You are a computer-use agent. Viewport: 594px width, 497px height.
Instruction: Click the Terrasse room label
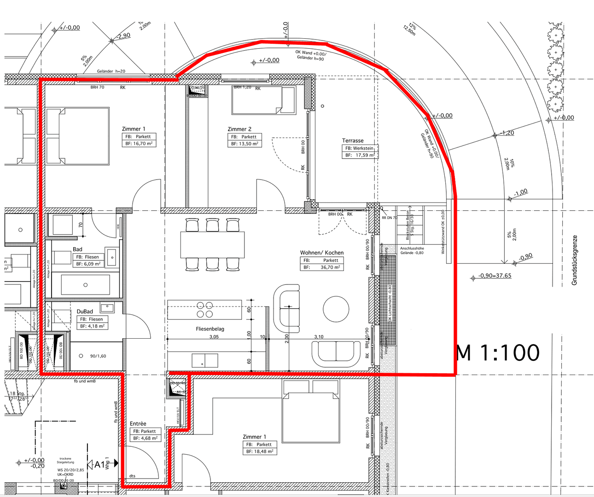pyautogui.click(x=353, y=140)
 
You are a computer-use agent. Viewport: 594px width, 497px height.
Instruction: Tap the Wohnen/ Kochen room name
pyautogui.click(x=322, y=253)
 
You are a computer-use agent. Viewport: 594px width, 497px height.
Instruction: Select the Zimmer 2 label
pyautogui.click(x=239, y=129)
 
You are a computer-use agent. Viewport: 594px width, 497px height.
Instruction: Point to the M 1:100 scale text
pyautogui.click(x=497, y=353)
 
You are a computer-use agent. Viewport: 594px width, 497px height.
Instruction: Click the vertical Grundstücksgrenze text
pyautogui.click(x=574, y=260)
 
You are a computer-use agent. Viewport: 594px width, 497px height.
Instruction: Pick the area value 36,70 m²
pyautogui.click(x=330, y=267)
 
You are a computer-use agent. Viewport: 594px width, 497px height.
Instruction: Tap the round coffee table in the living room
pyautogui.click(x=336, y=309)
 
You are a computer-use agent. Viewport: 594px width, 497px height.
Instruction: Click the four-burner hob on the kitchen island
pyautogui.click(x=205, y=310)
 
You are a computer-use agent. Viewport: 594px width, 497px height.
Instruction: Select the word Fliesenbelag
pyautogui.click(x=210, y=329)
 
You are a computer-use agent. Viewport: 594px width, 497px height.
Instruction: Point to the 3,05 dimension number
pyautogui.click(x=214, y=337)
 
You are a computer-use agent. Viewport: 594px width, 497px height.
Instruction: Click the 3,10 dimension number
pyautogui.click(x=319, y=337)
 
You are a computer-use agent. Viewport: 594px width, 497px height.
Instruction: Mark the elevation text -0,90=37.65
pyautogui.click(x=495, y=276)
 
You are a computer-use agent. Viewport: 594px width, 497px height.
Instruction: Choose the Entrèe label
pyautogui.click(x=138, y=423)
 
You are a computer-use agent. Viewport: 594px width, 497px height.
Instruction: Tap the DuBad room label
pyautogui.click(x=85, y=312)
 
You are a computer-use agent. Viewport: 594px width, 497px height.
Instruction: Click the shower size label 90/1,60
pyautogui.click(x=98, y=356)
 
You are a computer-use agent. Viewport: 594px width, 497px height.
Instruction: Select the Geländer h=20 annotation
pyautogui.click(x=111, y=71)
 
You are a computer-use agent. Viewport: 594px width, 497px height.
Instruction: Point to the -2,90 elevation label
pyautogui.click(x=123, y=35)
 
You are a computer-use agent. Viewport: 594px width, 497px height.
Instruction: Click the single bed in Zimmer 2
pyautogui.click(x=263, y=100)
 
